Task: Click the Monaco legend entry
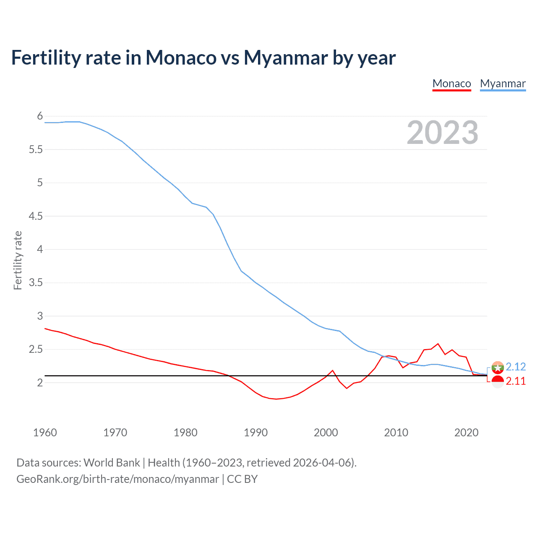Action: [451, 83]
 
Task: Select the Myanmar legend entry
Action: [503, 83]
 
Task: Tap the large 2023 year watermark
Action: [443, 133]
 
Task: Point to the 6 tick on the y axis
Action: [40, 116]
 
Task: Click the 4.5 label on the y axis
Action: [36, 216]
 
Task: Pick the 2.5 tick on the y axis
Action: [36, 349]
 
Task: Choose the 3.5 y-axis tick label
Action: [36, 283]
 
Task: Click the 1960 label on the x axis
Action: [45, 433]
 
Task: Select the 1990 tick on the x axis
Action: [255, 433]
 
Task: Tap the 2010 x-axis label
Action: [396, 433]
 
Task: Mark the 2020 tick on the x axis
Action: [466, 433]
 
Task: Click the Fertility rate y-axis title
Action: [18, 260]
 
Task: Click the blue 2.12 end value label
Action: [516, 367]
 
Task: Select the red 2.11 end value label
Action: [516, 381]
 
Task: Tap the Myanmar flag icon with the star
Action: [498, 367]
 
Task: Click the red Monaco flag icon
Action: [498, 381]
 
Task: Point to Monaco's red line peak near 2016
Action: [438, 344]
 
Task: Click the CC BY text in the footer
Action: [242, 479]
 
